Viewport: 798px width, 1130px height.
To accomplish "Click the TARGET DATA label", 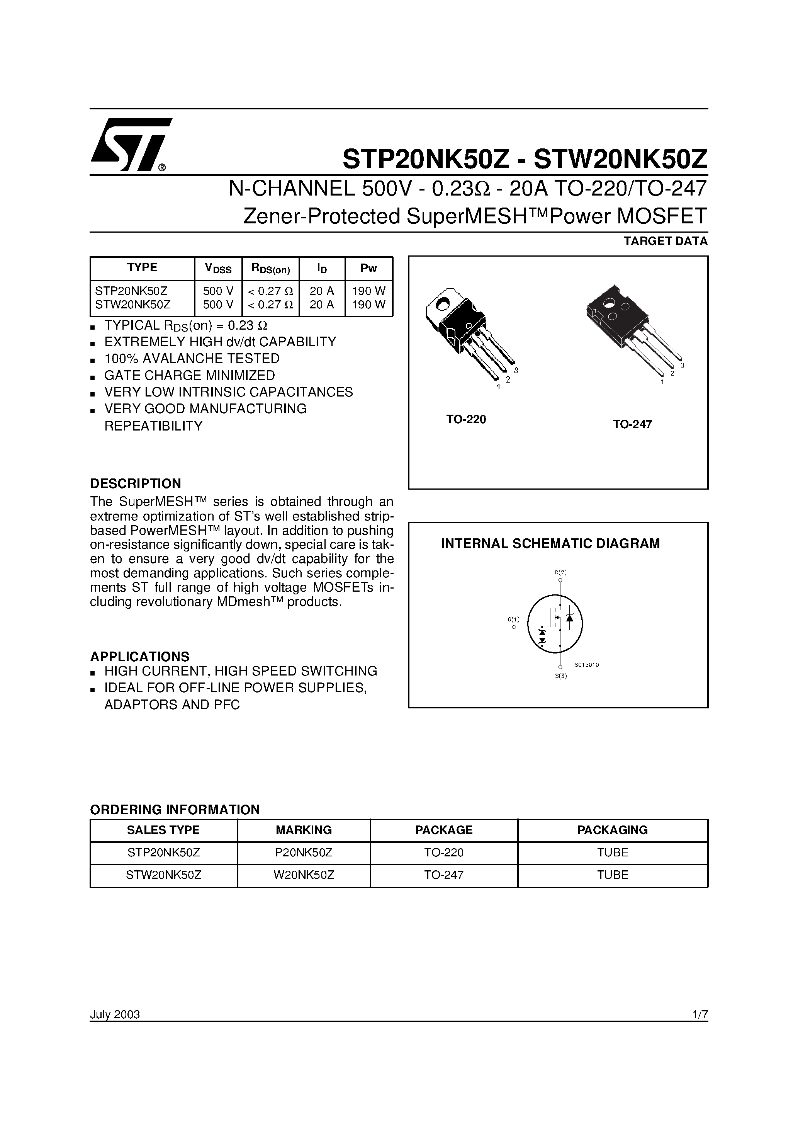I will point(665,241).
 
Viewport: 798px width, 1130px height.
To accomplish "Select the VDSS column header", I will point(218,268).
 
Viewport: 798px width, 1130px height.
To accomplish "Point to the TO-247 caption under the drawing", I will point(632,424).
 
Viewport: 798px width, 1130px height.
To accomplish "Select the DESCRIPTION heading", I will point(135,483).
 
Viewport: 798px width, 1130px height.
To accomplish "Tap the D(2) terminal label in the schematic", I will point(560,572).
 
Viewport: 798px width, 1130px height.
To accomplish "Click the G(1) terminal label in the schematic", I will point(513,619).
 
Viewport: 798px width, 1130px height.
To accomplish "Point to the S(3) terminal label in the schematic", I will point(561,676).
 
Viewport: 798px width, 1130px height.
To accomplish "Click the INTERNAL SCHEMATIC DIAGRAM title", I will point(550,544).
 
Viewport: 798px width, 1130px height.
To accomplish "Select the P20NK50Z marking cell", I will point(304,853).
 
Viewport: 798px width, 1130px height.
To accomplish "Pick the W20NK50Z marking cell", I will point(304,875).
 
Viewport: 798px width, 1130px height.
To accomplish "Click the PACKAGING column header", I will point(612,830).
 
